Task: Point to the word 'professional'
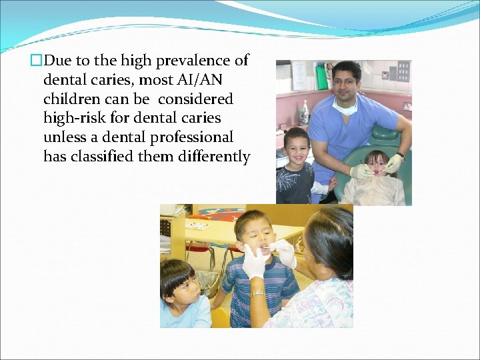tap(195, 138)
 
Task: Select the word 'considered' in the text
tap(196, 99)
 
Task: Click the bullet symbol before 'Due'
tap(35, 61)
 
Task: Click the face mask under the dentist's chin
tap(346, 105)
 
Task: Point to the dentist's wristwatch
tap(400, 155)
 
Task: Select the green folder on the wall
tap(322, 77)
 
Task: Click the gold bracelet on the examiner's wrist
tap(257, 292)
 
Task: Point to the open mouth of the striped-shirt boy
tap(265, 249)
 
